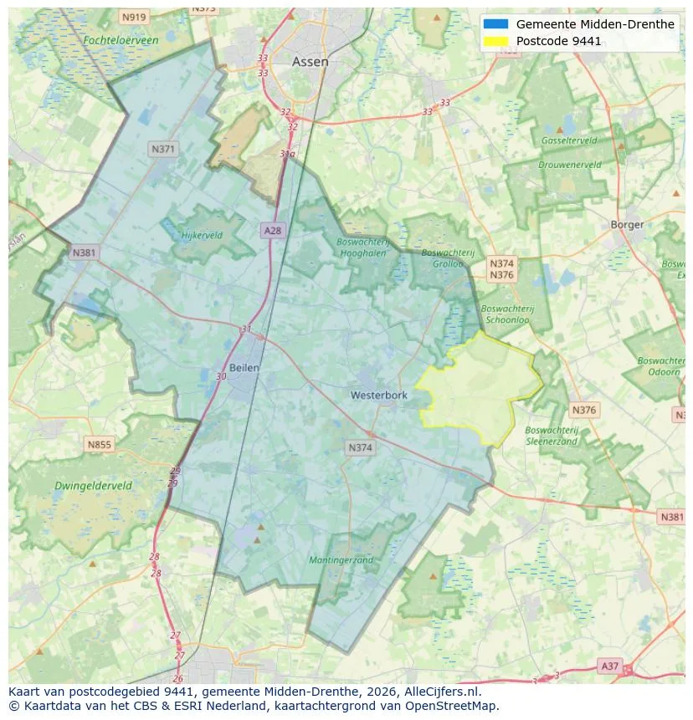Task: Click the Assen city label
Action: point(310,62)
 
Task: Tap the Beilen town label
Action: point(244,367)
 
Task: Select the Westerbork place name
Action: point(378,395)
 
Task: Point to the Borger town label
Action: point(627,224)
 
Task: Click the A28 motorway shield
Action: point(272,230)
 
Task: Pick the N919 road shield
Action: point(133,17)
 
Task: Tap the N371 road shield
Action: point(163,149)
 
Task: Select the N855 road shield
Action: point(99,444)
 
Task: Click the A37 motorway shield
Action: point(610,666)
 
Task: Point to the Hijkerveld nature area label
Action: point(202,235)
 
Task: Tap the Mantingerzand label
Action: point(341,559)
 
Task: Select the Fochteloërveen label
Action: point(121,40)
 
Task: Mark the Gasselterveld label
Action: point(569,140)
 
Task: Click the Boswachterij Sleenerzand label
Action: point(552,436)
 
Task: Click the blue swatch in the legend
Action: point(495,24)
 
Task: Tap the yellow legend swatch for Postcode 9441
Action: point(495,41)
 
